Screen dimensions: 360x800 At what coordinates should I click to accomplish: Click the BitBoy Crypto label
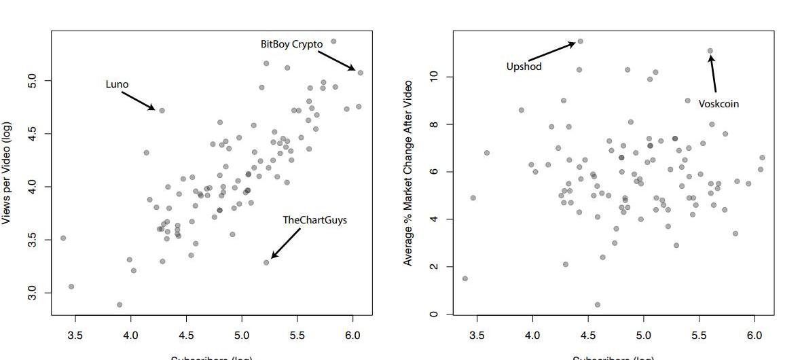291,44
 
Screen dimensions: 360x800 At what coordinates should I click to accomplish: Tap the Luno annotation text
117,84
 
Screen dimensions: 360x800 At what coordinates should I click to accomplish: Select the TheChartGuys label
314,220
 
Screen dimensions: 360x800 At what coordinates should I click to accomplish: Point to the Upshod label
524,67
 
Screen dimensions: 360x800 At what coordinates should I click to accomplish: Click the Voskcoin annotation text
719,104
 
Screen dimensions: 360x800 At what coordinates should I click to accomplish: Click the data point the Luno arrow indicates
162,110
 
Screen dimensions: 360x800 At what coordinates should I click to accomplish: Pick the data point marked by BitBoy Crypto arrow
361,73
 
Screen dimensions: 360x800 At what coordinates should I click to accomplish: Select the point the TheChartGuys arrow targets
266,262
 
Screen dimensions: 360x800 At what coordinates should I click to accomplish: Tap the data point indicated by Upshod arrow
580,41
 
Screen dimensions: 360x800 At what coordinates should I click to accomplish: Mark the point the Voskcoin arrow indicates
710,50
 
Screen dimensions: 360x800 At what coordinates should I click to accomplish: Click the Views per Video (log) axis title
7,173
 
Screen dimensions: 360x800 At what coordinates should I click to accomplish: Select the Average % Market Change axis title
408,173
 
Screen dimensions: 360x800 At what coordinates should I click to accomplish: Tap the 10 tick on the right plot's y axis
433,77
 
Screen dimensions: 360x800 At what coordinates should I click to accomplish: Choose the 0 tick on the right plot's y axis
433,314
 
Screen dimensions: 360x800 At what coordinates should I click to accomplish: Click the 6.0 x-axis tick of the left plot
352,335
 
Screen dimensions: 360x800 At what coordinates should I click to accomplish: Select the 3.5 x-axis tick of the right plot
477,335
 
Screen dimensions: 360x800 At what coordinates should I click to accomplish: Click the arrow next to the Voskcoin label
713,74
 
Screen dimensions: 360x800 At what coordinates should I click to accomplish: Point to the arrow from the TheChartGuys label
286,243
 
